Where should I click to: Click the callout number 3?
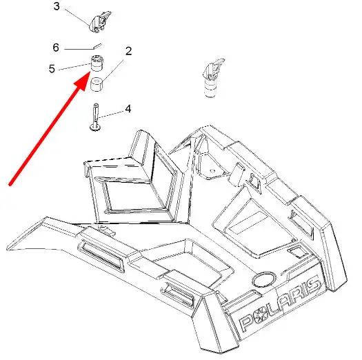[x=57, y=6]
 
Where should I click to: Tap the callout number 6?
[x=56, y=48]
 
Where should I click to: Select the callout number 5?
[x=52, y=68]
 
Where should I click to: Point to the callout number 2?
[x=128, y=51]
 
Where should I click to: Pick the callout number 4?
[x=128, y=108]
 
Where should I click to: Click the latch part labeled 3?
[x=100, y=22]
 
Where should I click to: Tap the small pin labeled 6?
[x=97, y=46]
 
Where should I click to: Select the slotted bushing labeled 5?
[x=97, y=63]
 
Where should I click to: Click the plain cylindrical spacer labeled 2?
[x=97, y=84]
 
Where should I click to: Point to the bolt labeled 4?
[x=96, y=117]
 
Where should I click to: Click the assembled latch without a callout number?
[x=212, y=78]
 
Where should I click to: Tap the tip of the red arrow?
[x=90, y=72]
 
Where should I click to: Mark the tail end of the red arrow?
[x=10, y=184]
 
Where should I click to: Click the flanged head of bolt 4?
[x=95, y=127]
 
